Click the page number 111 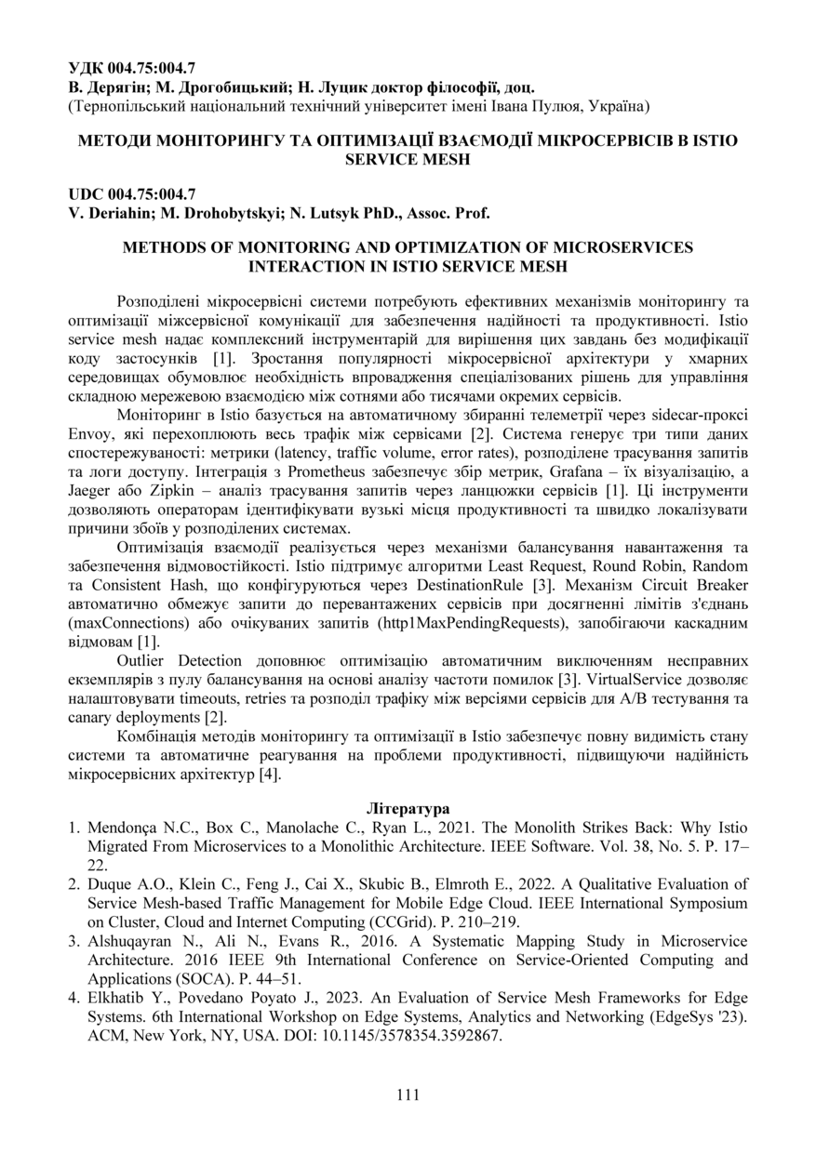coord(408,1094)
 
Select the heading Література coord(408,808)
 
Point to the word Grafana coord(579,470)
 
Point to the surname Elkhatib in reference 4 coord(115,997)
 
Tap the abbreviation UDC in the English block coord(86,194)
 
